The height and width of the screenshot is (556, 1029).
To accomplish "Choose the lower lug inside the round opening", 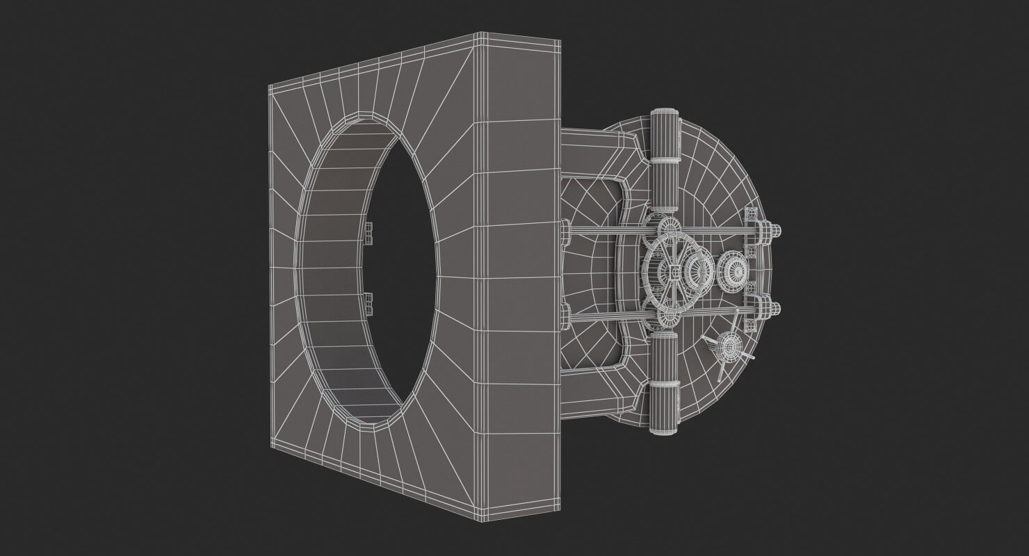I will coord(368,302).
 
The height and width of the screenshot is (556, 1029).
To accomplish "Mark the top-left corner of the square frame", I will coord(270,87).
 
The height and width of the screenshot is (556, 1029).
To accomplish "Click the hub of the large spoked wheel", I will coord(674,270).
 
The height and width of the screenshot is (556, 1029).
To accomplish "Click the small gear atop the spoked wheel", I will coord(669,227).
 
